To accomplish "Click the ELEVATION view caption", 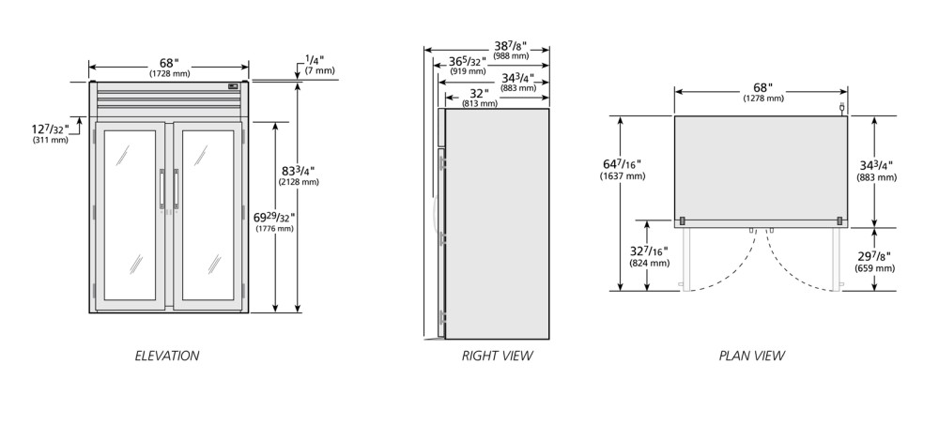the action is click(166, 356).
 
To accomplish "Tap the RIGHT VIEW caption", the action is click(497, 356).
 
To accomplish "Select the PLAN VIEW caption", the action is click(751, 356).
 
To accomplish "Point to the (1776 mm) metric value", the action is click(274, 228).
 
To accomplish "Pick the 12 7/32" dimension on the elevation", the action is click(51, 129).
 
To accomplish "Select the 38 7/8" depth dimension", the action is click(511, 46).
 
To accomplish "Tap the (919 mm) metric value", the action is click(468, 71).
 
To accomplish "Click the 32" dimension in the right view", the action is click(480, 94).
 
